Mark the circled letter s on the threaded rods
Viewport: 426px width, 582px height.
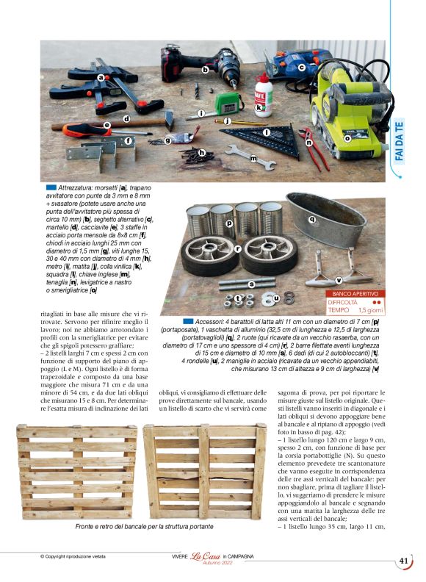pyautogui.click(x=251, y=283)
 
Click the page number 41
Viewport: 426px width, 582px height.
pyautogui.click(x=403, y=561)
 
